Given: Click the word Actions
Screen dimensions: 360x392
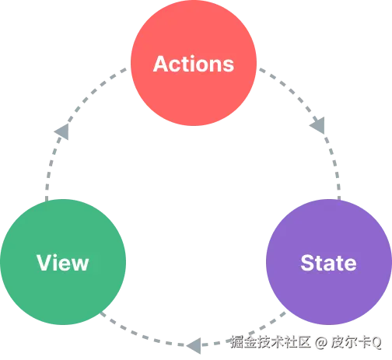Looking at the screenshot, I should [194, 64].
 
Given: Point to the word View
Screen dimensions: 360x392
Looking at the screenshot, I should [62, 262].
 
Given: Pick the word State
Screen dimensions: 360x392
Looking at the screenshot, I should [328, 262].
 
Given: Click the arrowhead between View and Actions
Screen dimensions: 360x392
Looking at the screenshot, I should [59, 132].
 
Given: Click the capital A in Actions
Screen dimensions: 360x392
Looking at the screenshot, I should [161, 64].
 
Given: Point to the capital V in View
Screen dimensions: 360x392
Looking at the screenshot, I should [43, 262].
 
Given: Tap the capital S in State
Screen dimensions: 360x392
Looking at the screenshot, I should [306, 262].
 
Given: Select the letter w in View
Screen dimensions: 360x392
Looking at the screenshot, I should [80, 263].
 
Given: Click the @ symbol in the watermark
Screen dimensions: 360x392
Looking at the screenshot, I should [320, 341].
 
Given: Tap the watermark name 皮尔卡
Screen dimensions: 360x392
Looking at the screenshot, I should [348, 341].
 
